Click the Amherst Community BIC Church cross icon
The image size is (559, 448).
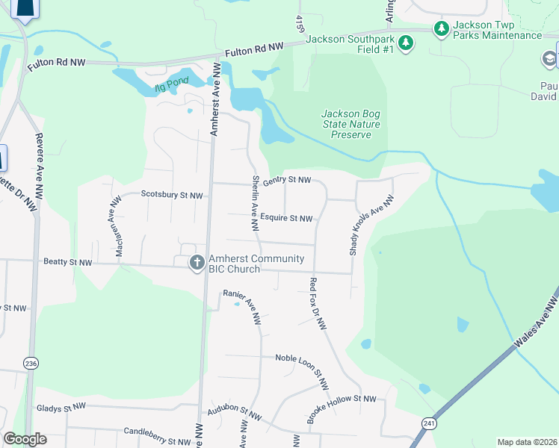pos(197,262)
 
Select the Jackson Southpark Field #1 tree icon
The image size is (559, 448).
pos(406,43)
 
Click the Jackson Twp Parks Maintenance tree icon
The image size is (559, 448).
pos(441,28)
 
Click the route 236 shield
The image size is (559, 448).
pos(30,363)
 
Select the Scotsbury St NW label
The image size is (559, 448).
pos(172,195)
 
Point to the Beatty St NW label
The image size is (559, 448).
pos(68,263)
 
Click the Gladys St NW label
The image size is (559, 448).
pos(61,408)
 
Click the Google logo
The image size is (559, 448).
pos(25,439)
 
